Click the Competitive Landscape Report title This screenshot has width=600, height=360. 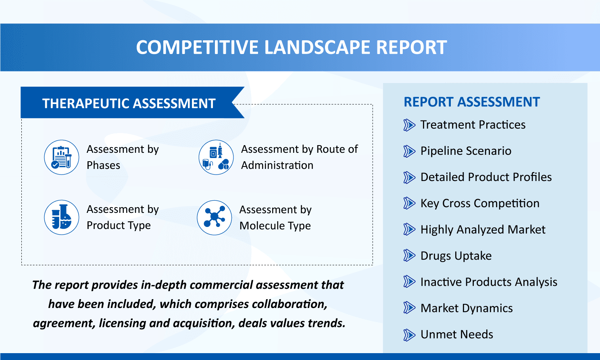click(291, 48)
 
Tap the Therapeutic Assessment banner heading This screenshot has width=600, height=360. click(129, 104)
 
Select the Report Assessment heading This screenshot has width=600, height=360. click(471, 102)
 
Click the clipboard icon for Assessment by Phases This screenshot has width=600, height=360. click(62, 157)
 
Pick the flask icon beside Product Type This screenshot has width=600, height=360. click(62, 217)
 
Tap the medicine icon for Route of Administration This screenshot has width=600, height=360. click(216, 157)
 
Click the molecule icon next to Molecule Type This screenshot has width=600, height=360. click(215, 218)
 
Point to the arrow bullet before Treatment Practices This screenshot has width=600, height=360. click(409, 125)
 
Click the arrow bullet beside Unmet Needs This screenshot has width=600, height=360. click(409, 335)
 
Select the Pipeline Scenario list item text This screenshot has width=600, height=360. click(466, 151)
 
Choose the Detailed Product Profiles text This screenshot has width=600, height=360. click(486, 177)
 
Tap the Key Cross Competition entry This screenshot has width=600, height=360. click(480, 204)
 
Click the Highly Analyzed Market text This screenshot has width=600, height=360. click(483, 230)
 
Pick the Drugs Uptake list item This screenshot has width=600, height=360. click(456, 256)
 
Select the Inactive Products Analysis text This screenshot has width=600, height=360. click(489, 282)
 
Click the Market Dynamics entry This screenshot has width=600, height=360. click(467, 308)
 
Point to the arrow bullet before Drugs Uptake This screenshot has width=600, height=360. click(409, 256)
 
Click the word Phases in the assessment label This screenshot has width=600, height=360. click(103, 166)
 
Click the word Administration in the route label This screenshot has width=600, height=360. click(277, 166)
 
